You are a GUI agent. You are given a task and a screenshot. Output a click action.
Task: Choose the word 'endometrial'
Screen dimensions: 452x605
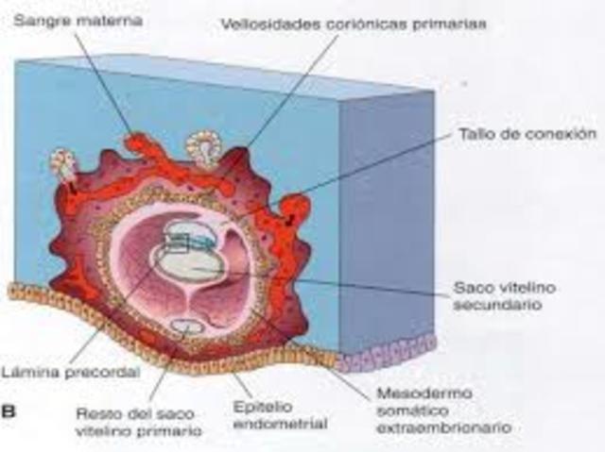pyautogui.click(x=279, y=423)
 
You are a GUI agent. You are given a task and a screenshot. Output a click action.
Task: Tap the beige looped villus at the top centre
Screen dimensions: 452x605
pyautogui.click(x=202, y=147)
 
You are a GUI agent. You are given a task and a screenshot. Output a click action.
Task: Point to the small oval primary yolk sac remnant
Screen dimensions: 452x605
pyautogui.click(x=186, y=327)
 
